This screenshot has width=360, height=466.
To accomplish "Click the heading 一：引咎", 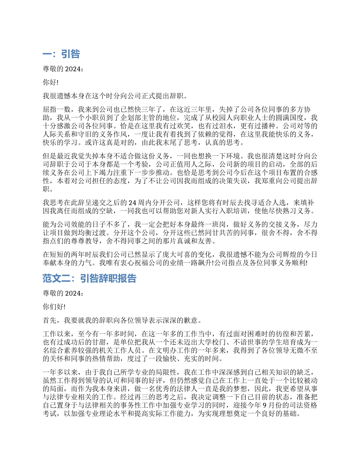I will (61, 54).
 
